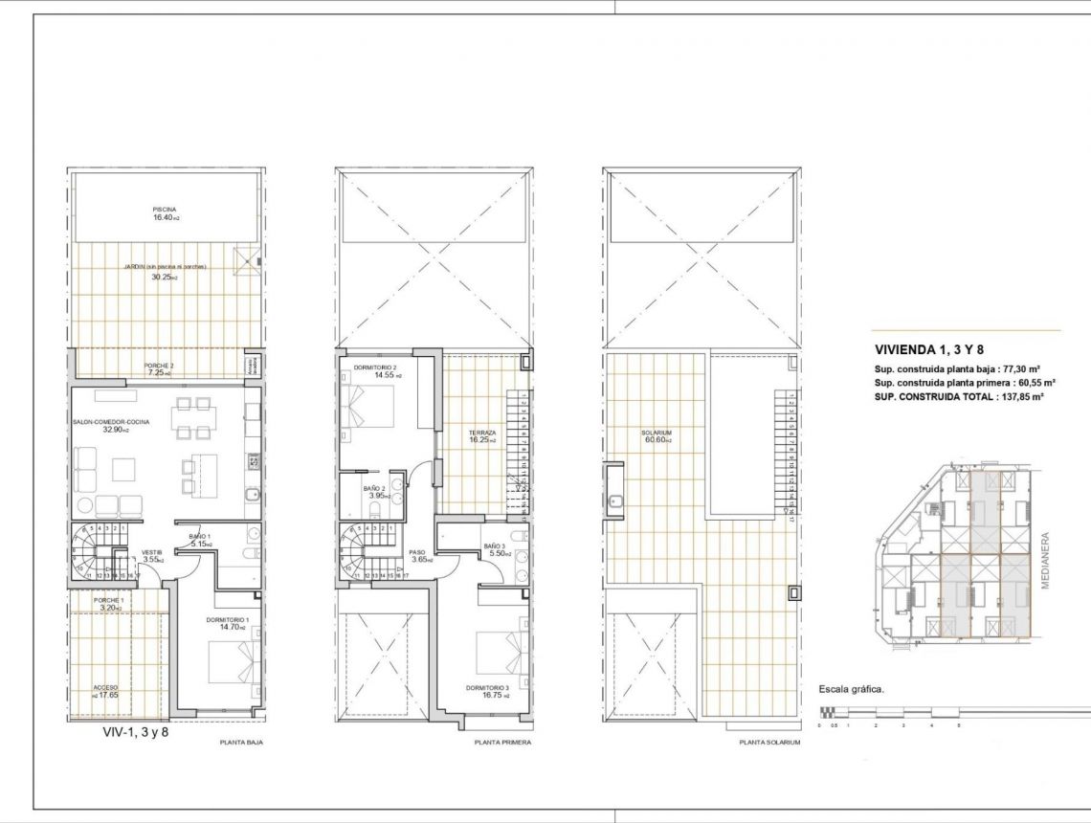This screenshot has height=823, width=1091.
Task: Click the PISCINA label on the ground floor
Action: pos(164,209)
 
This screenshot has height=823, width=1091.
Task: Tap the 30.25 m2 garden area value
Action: pos(165,278)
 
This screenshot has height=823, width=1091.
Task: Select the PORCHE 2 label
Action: pos(159,366)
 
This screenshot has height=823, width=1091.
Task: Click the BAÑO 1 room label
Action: pos(200,536)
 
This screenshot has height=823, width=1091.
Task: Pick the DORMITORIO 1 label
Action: pos(227,620)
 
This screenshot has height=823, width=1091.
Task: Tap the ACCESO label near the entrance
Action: pos(105,688)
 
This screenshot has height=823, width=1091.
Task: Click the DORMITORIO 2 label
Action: pos(374,367)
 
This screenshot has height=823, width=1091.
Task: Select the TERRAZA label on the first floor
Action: pos(482,434)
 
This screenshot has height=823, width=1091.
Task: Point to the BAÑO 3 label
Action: pos(494,545)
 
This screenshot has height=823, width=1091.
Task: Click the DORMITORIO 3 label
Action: pos(487,688)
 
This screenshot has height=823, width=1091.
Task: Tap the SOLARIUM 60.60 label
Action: pos(656,434)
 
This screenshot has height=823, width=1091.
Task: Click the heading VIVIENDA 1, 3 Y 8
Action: pos(929,349)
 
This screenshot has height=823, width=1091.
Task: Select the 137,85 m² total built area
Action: pos(1016,395)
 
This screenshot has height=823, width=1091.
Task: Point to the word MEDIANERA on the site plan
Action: pos(1045,561)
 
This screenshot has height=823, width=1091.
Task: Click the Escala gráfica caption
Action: pos(852,688)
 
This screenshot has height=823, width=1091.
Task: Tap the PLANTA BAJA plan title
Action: pos(241,742)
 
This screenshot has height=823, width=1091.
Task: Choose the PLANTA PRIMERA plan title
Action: pos(502,742)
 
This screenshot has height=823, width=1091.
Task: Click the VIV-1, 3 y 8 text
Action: pos(135,731)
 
